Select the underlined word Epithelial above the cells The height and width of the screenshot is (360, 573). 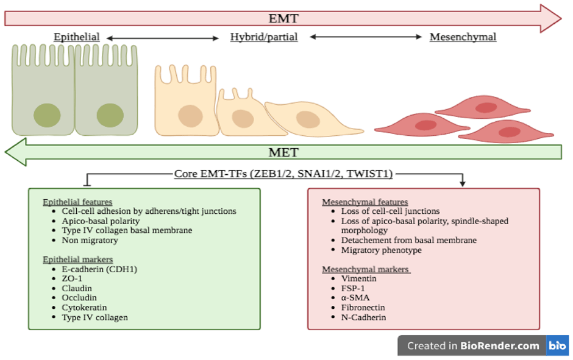coord(77,37)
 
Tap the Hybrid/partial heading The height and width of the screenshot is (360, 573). coord(264,37)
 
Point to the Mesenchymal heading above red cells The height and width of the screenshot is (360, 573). coord(463,37)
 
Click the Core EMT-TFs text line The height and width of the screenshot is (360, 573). coord(283,174)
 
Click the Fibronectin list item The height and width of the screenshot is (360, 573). coord(363,308)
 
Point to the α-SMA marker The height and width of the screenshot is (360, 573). coord(356,298)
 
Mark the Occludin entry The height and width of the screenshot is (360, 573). coord(79,298)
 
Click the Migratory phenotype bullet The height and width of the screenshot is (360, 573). coord(382,250)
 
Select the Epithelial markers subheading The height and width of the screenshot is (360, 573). coord(77,259)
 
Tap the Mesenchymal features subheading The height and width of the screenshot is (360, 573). coord(365,202)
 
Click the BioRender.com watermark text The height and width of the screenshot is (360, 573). coord(473,346)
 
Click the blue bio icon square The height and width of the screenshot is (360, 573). coord(557,346)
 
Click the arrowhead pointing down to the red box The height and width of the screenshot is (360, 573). coord(463,183)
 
